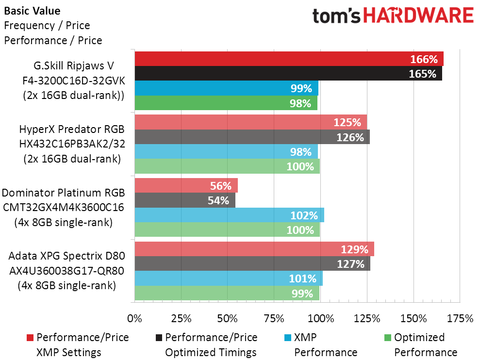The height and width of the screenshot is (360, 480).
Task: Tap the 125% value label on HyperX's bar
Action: [348, 122]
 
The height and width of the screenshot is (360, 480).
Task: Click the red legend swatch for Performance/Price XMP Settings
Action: [30, 338]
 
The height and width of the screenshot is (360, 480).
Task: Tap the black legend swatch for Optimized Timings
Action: [159, 338]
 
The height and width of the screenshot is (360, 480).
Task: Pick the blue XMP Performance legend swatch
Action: [288, 338]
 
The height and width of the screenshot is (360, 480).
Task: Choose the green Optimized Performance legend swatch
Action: [388, 338]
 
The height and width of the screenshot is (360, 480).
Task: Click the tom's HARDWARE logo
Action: [393, 16]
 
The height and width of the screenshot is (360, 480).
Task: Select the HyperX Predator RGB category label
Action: [72, 130]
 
